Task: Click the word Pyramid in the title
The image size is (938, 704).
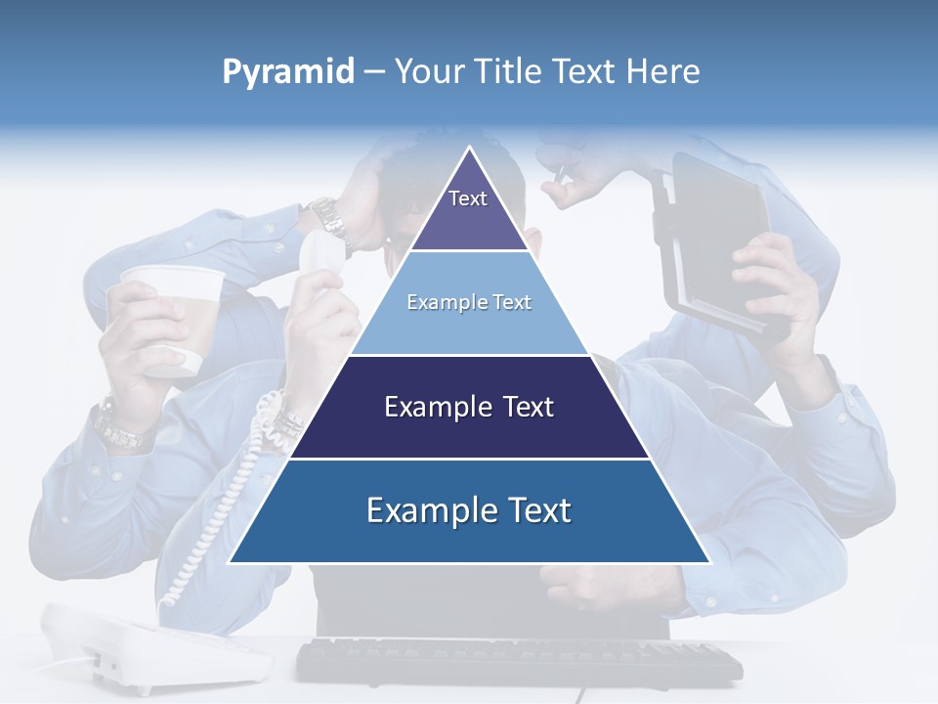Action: coord(287,72)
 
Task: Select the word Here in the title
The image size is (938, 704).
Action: coord(663,71)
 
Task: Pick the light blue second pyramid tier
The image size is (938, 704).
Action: coord(469,303)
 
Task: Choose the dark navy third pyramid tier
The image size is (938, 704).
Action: coord(469,407)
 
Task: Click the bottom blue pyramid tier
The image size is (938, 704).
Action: coord(469,510)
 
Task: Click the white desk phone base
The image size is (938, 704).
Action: coord(156,645)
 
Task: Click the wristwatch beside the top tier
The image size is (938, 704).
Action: coord(330,219)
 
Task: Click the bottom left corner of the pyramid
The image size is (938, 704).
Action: coord(231,561)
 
